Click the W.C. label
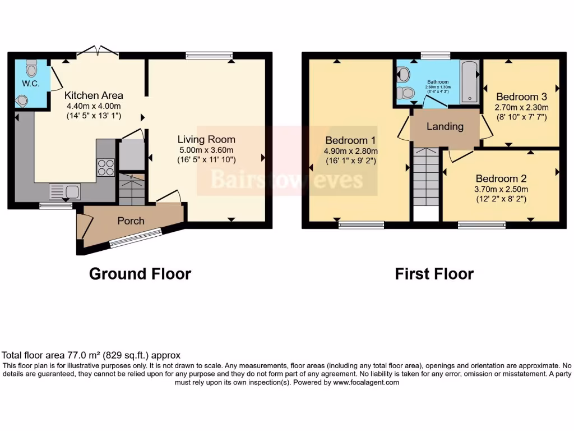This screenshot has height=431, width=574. [29, 84]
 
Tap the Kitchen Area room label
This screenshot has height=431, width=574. [94, 95]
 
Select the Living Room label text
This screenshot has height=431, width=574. [206, 139]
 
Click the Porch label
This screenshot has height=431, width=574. [131, 221]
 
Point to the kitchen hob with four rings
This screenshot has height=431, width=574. [106, 167]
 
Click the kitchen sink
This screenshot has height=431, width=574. [64, 191]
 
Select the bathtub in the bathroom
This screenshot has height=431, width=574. [469, 82]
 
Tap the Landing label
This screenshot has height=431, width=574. [445, 126]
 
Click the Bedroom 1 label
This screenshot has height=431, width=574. [350, 140]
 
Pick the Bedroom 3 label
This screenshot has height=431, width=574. [521, 95]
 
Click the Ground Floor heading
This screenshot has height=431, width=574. [140, 274]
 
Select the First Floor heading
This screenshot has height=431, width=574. [434, 274]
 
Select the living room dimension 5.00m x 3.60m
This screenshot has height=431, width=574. [206, 150]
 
